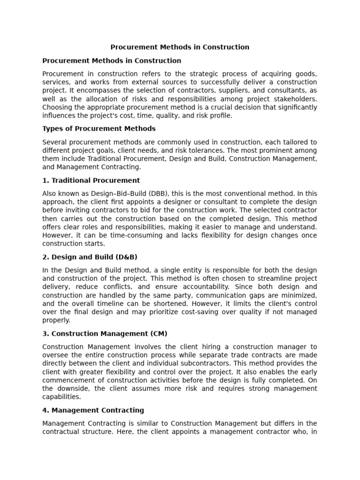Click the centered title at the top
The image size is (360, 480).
180,47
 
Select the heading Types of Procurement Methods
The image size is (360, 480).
99,128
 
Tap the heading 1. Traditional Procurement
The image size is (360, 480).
91,180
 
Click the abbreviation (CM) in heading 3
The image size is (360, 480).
159,334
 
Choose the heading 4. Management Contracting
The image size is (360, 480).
93,410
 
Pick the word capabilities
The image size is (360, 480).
61,397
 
